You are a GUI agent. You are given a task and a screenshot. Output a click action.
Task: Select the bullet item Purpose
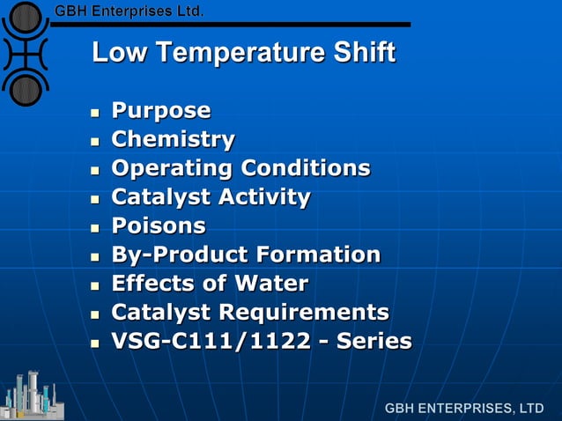161,111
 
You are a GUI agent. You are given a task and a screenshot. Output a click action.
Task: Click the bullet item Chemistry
174,139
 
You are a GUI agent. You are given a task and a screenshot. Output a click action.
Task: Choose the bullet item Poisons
159,225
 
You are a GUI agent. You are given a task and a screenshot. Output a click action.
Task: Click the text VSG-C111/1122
211,341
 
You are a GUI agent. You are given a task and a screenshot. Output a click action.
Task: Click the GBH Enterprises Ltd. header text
129,11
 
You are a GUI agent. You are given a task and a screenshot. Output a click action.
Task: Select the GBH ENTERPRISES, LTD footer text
464,409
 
